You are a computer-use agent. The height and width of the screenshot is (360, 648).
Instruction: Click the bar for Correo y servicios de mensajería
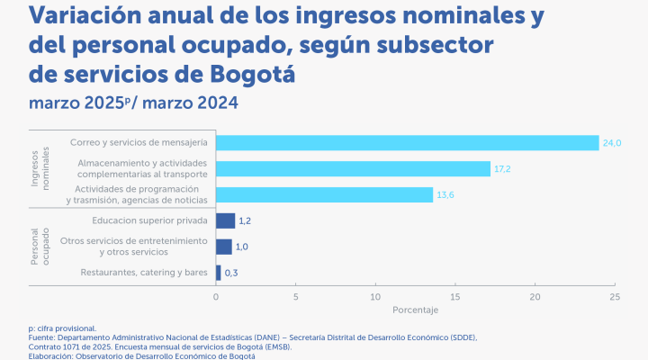coord(407,143)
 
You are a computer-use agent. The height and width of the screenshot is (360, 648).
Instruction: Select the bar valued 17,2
coord(353,168)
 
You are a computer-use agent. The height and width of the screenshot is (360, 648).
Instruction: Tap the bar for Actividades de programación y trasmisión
coord(324,194)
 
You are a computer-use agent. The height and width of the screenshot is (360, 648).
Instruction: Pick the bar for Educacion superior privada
coord(225,220)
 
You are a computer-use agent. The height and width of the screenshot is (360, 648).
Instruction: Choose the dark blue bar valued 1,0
coord(224,247)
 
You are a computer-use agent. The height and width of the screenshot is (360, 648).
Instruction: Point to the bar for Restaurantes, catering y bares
coord(219,272)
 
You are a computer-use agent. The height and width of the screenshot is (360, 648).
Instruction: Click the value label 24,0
coord(612,143)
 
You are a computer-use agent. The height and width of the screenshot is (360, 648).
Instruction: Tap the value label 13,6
coord(445,194)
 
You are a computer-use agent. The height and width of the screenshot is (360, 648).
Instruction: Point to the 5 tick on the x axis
coord(295,296)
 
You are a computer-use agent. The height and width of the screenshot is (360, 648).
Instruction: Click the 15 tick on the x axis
coord(455,296)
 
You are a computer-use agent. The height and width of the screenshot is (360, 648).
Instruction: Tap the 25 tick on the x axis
coord(615,296)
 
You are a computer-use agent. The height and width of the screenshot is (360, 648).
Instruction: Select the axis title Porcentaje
coord(415,310)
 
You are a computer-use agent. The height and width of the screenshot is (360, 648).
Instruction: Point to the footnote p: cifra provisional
coord(62,328)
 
